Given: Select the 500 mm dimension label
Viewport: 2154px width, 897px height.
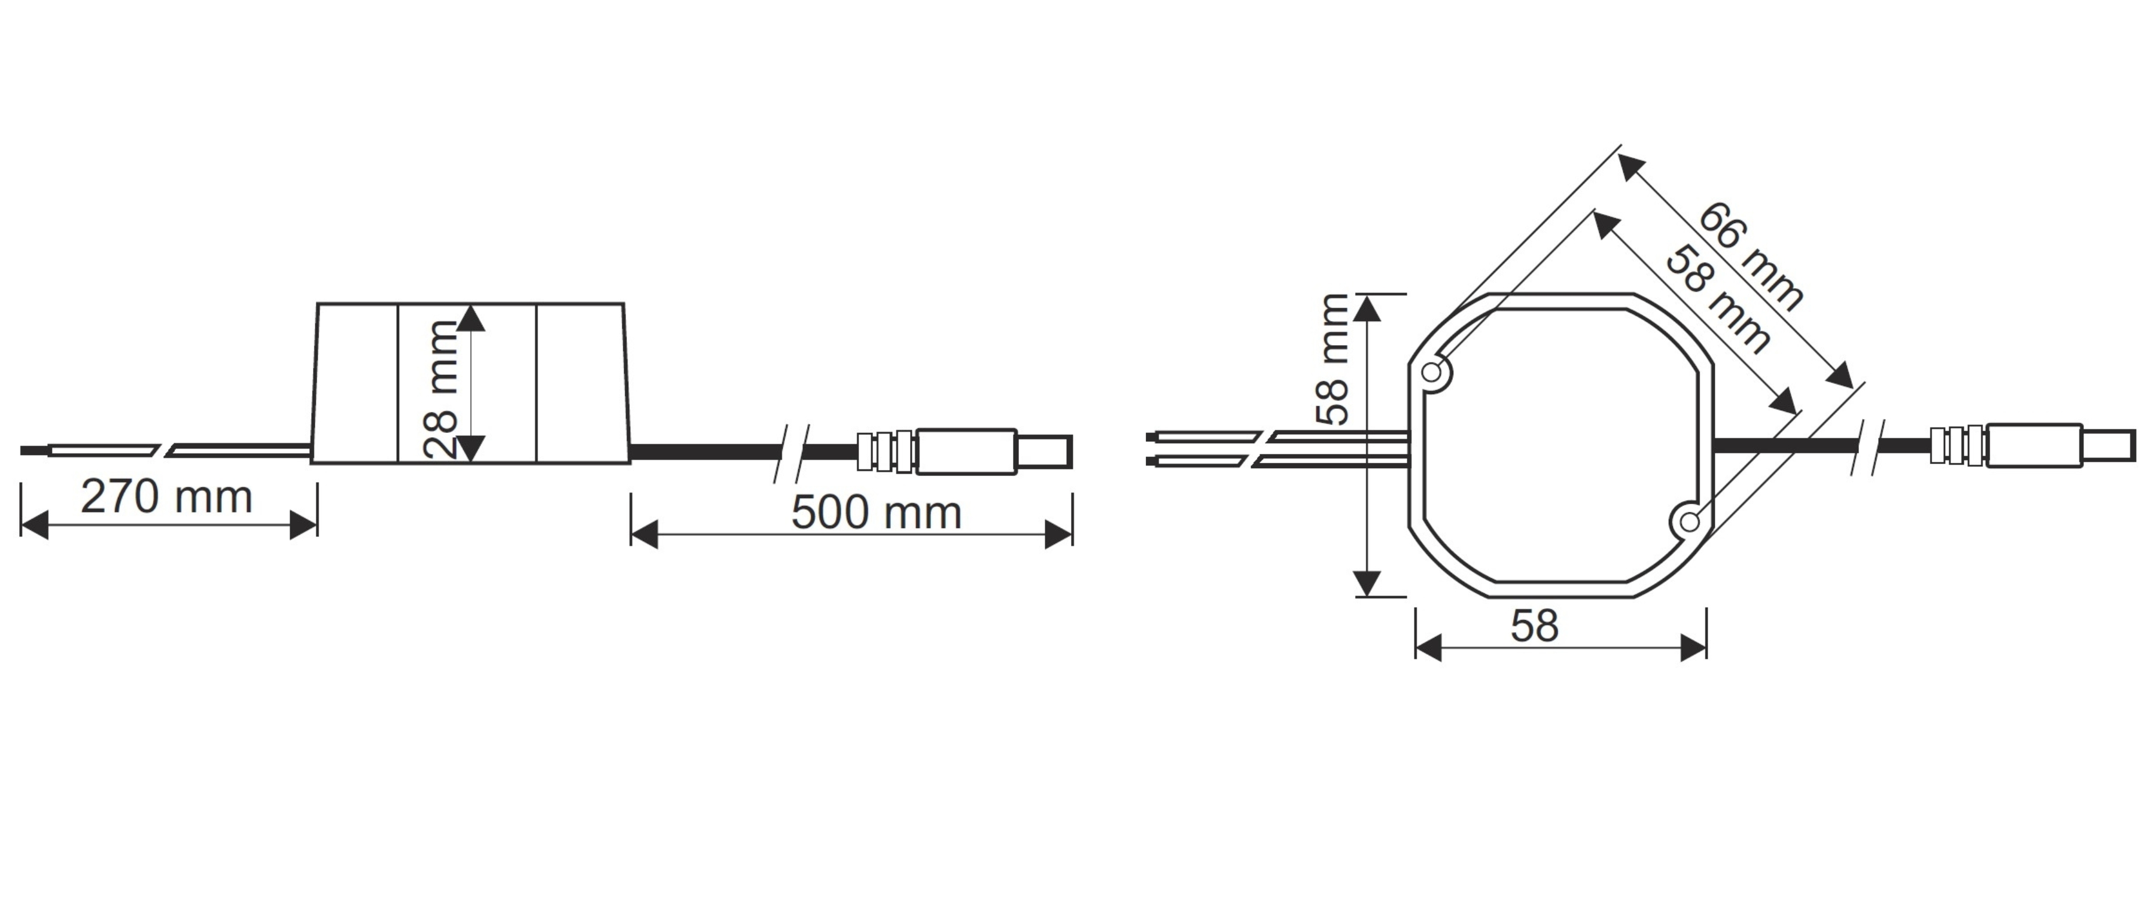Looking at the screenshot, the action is pyautogui.click(x=877, y=512).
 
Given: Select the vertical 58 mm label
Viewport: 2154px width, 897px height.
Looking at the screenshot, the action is pyautogui.click(x=1332, y=359).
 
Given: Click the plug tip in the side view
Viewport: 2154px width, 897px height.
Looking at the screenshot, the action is pyautogui.click(x=1044, y=451).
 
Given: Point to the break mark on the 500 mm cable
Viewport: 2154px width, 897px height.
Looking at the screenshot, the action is pyautogui.click(x=790, y=452).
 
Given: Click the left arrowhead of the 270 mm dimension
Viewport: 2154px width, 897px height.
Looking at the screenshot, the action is pyautogui.click(x=34, y=526).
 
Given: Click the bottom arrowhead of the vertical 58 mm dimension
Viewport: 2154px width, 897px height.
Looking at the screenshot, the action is pyautogui.click(x=1367, y=582).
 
